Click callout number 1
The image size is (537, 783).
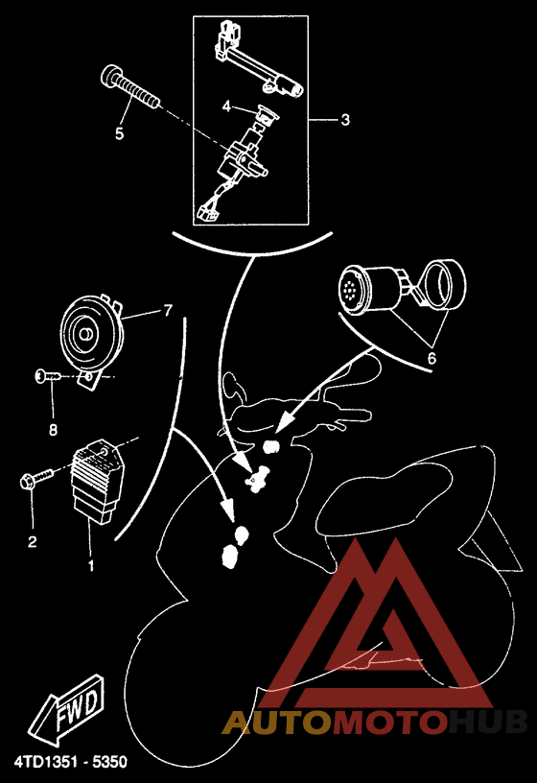click(91, 566)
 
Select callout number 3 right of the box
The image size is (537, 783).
click(344, 121)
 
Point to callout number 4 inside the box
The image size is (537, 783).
click(226, 107)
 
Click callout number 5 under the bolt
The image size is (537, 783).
click(120, 134)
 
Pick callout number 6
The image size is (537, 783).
click(432, 357)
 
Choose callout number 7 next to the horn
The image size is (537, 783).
click(167, 311)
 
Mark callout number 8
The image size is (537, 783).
click(53, 428)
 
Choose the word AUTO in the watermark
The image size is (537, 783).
click(277, 723)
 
